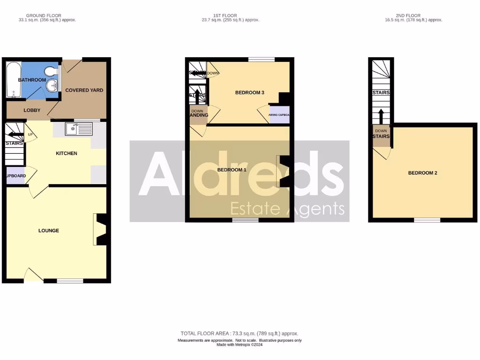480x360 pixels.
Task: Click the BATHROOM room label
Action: pos(32,80)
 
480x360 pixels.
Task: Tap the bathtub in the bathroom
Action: pos(13,80)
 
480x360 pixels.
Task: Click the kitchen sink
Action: pos(73,128)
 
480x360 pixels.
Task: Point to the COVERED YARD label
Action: pos(84,90)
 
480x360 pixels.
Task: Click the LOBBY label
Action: pos(32,111)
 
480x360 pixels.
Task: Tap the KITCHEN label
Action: pos(67,153)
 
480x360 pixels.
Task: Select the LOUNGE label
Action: pos(49,231)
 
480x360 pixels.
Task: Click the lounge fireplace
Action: pos(101,230)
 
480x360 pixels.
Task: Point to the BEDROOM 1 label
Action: pos(232,170)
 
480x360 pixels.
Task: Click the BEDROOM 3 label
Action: pos(249,93)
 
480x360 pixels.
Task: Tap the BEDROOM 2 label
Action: pos(422,173)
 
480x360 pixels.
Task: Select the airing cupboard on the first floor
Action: pos(279,115)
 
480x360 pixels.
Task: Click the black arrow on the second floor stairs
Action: pos(381,115)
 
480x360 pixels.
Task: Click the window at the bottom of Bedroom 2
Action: pos(427,219)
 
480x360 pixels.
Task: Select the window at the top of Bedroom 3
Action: pos(262,59)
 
